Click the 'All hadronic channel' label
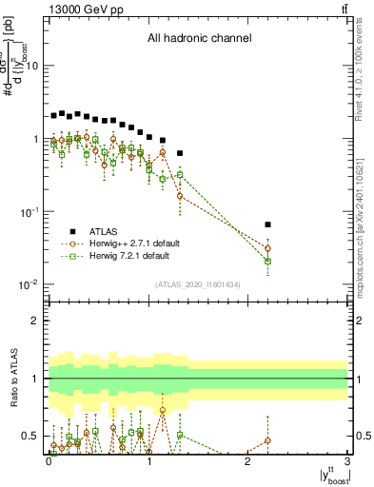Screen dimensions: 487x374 (199, 39)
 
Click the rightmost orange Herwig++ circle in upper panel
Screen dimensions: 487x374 (267, 248)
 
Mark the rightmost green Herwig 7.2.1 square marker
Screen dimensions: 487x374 (267, 261)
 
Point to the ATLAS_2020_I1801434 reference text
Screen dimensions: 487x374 (198, 284)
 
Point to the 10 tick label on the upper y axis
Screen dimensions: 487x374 (31, 66)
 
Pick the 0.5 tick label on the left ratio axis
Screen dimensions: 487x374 (31, 436)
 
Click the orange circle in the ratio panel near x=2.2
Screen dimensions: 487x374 (267, 440)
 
